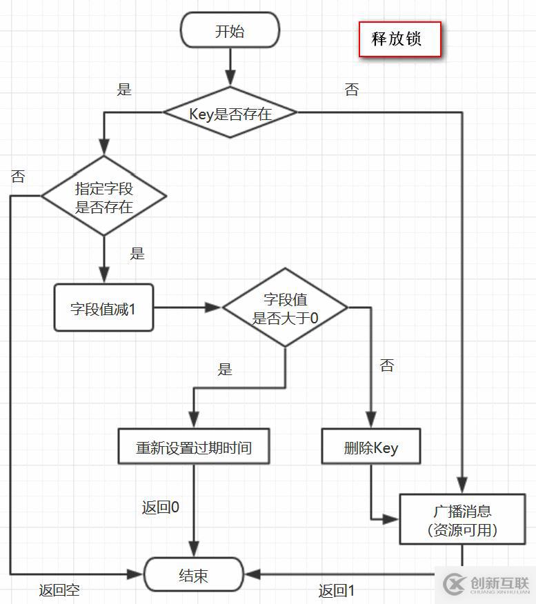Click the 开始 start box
(230, 32)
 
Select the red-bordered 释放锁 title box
(399, 39)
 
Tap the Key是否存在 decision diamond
(230, 113)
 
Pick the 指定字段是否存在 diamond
(103, 197)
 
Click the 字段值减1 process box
(103, 308)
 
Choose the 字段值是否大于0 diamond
(285, 308)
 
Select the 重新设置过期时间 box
(193, 447)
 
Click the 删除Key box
(371, 447)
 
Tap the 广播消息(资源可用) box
(462, 520)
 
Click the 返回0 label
(161, 507)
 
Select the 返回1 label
(337, 591)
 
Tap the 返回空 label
(59, 590)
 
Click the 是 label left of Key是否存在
(124, 89)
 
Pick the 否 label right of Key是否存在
(352, 89)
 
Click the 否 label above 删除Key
(387, 365)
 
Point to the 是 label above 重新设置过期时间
(225, 369)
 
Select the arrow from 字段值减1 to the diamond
(187, 308)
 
